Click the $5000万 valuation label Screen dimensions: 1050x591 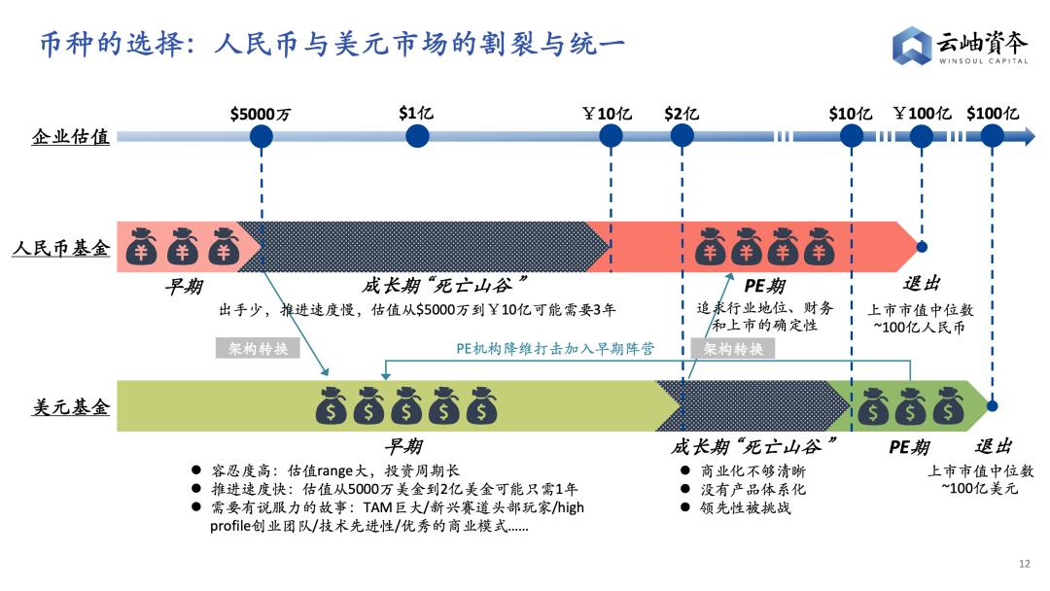click(261, 115)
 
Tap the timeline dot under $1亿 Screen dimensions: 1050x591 click(417, 136)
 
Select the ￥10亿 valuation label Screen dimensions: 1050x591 click(607, 114)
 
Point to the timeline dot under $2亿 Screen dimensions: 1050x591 click(682, 136)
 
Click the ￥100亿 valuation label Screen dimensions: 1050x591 click(922, 113)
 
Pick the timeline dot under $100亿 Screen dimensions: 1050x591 click(993, 136)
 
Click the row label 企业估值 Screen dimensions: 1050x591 click(70, 136)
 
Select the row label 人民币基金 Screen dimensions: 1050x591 click(61, 248)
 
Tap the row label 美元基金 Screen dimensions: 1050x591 click(71, 406)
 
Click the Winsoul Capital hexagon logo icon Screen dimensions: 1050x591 click(911, 46)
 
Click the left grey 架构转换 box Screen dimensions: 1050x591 click(257, 348)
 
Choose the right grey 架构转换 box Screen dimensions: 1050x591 click(733, 348)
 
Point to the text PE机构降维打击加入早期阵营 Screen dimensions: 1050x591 click(555, 349)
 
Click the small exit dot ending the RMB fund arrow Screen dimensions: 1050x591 click(922, 247)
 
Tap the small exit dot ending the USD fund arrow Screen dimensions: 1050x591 click(993, 405)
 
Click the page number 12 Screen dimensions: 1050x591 click(1025, 564)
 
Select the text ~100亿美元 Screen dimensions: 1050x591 click(980, 489)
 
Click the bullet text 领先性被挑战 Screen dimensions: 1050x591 click(746, 508)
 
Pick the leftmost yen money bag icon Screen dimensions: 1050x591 click(141, 246)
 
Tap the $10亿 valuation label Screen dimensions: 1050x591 click(851, 114)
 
